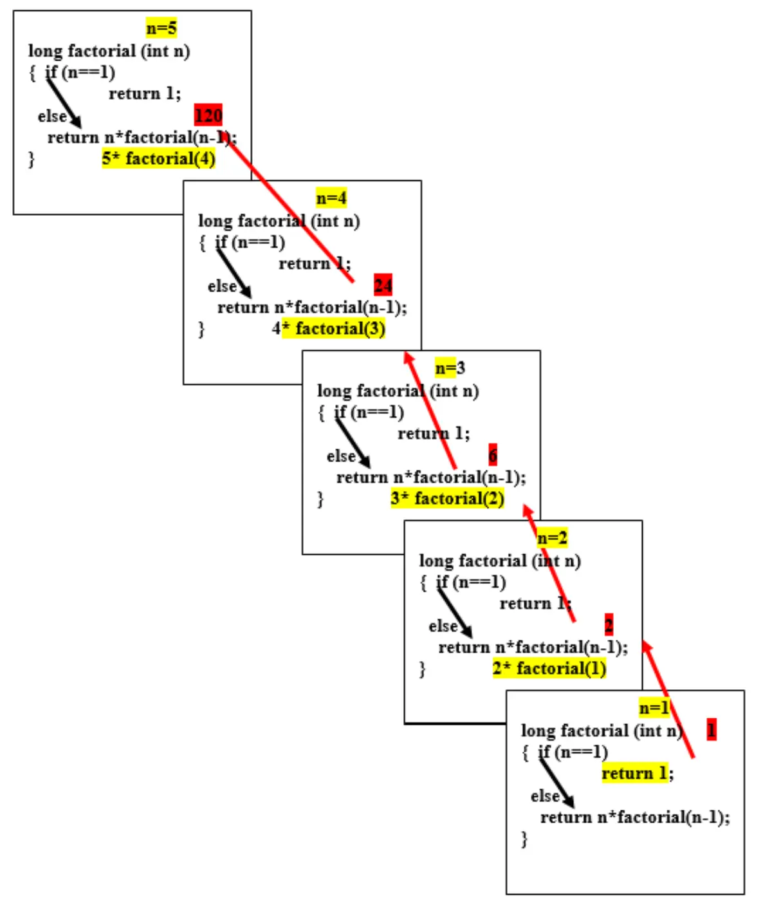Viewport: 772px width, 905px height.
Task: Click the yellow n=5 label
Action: coord(161,28)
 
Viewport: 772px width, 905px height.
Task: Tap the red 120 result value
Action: coord(208,115)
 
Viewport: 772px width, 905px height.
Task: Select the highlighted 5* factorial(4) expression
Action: coord(158,158)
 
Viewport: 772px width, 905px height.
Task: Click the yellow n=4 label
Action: coord(331,198)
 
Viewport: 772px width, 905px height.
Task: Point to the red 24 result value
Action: coord(383,285)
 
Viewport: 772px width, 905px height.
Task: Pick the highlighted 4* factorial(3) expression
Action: coord(329,329)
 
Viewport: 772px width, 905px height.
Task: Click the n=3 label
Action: coord(449,368)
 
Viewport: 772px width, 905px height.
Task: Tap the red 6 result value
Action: coord(493,455)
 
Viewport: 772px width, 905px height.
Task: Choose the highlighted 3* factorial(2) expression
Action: coord(447,499)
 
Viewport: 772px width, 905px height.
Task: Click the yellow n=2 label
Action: coord(552,538)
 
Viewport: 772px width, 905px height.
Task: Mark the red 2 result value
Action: coord(609,624)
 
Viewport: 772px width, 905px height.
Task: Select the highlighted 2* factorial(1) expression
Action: coord(549,669)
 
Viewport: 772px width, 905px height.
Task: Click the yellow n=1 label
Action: coord(654,708)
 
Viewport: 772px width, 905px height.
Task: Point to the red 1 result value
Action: coord(711,730)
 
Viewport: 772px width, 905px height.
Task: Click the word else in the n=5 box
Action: coord(52,117)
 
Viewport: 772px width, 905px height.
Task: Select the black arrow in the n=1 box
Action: coord(557,781)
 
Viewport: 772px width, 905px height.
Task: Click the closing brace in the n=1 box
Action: coord(524,839)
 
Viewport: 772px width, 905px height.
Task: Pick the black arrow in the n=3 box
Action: coord(353,443)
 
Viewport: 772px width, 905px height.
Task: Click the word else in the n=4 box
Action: coord(222,286)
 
